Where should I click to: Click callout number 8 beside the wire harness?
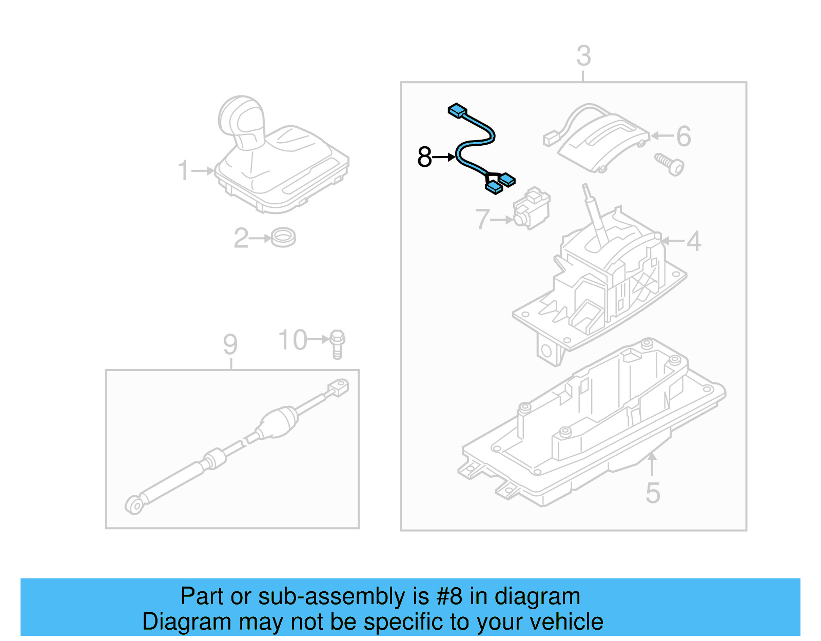coord(424,157)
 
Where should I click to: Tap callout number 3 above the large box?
coord(583,56)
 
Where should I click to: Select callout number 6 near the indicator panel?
coord(683,137)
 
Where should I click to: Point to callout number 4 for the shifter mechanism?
coord(694,241)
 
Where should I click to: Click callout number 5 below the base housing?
coord(652,493)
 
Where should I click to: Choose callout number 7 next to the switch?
coord(482,220)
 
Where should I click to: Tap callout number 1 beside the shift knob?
coord(184,171)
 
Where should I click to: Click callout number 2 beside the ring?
coord(241,239)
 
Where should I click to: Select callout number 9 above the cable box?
coord(230,344)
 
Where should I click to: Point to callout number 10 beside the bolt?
coord(292,340)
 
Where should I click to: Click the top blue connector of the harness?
coord(457,110)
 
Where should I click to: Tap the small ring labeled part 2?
coord(283,238)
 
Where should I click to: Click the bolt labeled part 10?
coord(337,344)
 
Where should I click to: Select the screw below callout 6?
coord(670,164)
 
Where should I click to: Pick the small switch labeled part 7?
coord(532,209)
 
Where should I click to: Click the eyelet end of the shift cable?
coord(134,506)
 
